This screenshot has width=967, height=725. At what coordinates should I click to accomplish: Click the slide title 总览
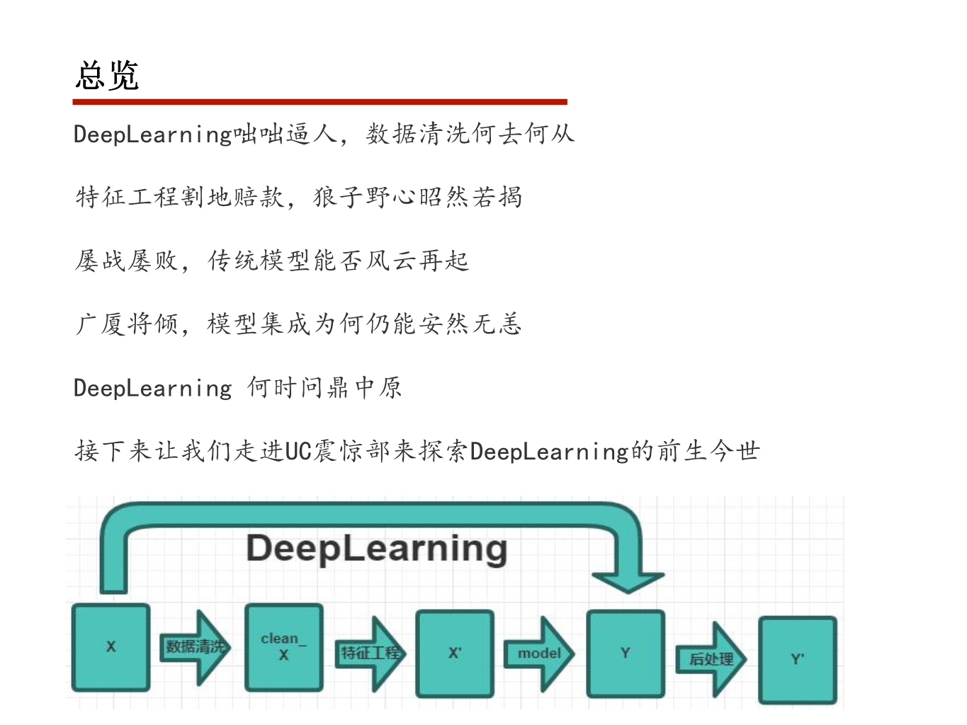coord(107,76)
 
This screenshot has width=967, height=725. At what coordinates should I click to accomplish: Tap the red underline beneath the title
coord(319,102)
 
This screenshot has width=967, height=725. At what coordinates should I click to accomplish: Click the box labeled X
coord(111,646)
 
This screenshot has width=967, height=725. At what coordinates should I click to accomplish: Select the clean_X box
coord(283,646)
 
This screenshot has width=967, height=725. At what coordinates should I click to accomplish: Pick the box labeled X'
coord(455,653)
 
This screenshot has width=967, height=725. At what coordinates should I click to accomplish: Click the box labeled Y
coord(626,653)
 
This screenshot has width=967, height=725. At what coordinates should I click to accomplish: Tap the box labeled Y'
coord(797,659)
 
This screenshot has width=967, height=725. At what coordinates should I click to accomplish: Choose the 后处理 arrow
coord(711,659)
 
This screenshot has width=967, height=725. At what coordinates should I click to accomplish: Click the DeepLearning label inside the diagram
coord(376,549)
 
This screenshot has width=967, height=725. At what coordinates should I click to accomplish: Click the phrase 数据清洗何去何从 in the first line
coord(470,134)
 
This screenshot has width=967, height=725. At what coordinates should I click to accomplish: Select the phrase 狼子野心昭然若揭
coord(417,197)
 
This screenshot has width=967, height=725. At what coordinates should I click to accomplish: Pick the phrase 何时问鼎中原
coord(324,387)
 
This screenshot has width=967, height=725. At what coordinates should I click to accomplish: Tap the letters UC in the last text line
coord(298,451)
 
